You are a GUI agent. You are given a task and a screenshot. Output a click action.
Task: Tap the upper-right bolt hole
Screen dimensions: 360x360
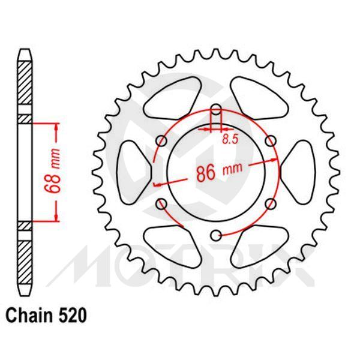[x=271, y=142]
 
